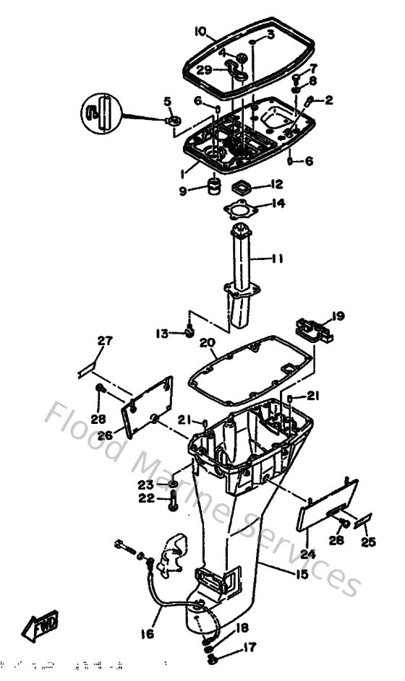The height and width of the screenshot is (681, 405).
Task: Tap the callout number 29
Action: click(x=205, y=70)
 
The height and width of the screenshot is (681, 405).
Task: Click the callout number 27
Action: click(x=106, y=341)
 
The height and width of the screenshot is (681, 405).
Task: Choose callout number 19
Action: click(x=338, y=316)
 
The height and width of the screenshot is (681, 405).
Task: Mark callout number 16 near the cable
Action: click(x=148, y=635)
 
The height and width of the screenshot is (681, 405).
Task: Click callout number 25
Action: click(x=369, y=541)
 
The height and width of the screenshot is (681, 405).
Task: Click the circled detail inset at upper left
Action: click(x=101, y=113)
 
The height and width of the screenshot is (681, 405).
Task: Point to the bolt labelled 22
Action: click(x=173, y=504)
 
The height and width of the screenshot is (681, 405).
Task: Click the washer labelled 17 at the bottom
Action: click(x=211, y=659)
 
